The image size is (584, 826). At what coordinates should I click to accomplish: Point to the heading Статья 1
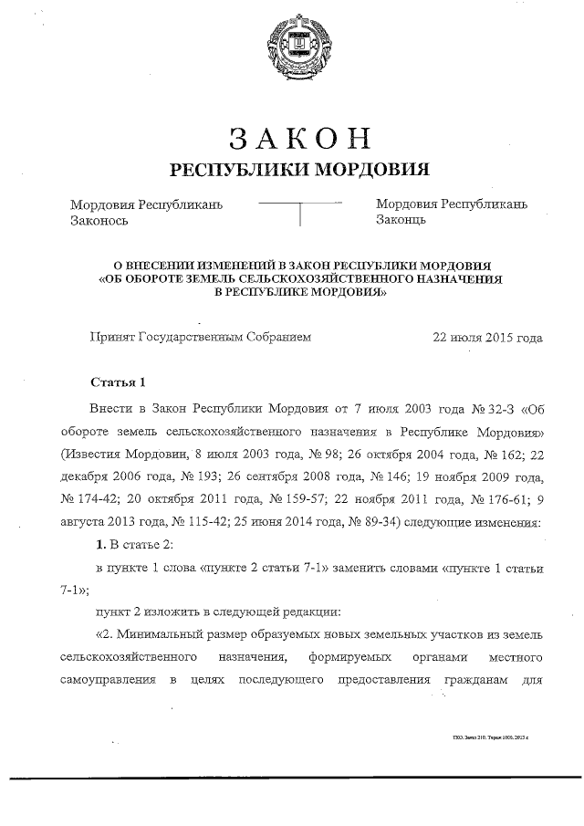tap(118, 381)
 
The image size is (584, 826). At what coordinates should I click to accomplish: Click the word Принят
tap(110, 337)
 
